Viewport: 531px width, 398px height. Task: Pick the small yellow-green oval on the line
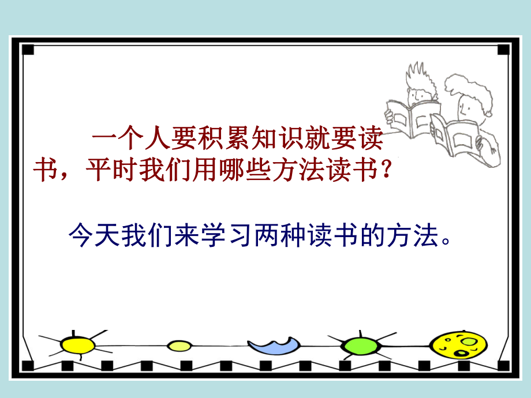179,346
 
